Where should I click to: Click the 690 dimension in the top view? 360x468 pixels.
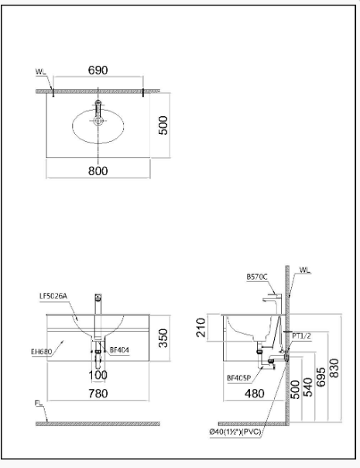(x=98, y=70)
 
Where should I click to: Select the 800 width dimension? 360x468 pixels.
(x=98, y=171)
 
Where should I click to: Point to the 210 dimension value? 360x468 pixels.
(x=201, y=328)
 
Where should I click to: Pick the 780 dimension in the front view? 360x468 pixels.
(x=98, y=393)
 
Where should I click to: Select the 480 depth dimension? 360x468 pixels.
(x=253, y=393)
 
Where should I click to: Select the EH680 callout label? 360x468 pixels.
(x=41, y=351)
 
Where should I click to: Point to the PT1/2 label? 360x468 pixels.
(x=302, y=335)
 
